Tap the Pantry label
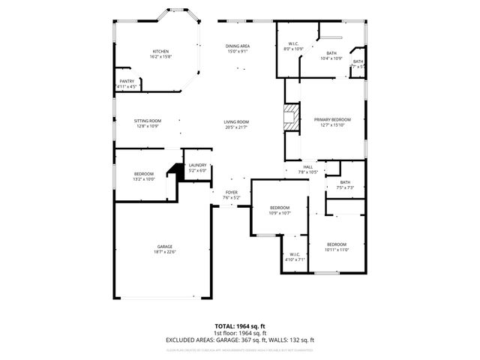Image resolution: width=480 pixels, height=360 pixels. click(x=127, y=81)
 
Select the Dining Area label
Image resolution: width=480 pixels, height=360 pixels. click(x=238, y=46)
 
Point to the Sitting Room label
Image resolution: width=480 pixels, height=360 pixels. click(x=148, y=121)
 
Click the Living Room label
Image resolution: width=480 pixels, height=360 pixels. click(x=236, y=122)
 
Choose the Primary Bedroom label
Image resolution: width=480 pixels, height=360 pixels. click(x=331, y=120)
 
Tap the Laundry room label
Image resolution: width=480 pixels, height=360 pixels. click(x=198, y=165)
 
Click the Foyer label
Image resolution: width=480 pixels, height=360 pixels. click(x=232, y=192)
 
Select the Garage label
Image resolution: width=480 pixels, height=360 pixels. click(x=165, y=247)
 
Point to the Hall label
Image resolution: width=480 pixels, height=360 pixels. click(x=307, y=167)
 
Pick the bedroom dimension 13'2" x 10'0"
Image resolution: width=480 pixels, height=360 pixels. click(x=143, y=178)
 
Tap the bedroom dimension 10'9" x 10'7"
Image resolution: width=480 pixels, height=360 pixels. click(x=280, y=212)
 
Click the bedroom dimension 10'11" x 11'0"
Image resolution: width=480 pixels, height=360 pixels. click(x=337, y=249)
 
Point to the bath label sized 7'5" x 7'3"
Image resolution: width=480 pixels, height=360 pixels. click(x=344, y=187)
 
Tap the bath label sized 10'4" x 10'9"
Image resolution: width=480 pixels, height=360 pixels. click(x=331, y=58)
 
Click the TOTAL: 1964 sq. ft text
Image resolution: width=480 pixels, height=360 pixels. click(x=240, y=327)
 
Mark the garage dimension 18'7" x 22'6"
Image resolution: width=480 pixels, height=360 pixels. click(x=165, y=251)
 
